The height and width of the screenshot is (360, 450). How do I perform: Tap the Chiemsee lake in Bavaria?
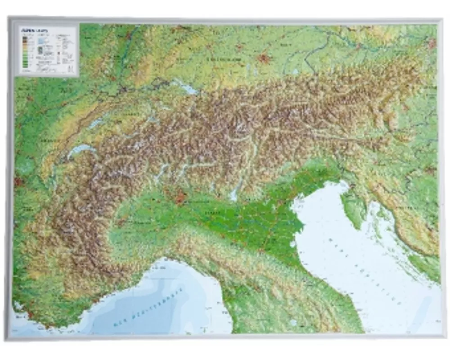pos(295,72)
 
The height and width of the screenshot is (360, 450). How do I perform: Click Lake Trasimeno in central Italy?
pos(293,322)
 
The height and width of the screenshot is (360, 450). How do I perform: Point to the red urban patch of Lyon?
pos(19,182)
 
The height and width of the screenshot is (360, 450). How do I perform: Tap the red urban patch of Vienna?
pos(432,43)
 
